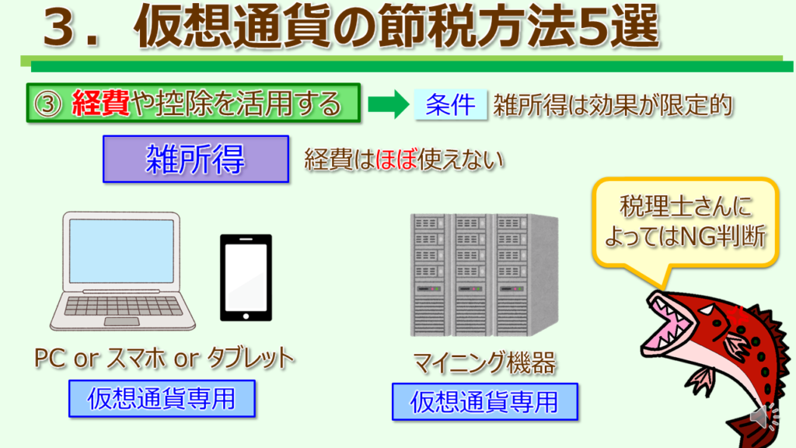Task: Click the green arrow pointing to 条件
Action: coord(389,105)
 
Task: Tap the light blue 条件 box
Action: coord(450,105)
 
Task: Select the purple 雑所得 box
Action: coord(196,159)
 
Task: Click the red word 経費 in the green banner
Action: coord(100,103)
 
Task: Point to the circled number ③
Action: coord(47,104)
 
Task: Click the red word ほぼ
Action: coord(396,159)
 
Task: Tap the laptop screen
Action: coord(121,251)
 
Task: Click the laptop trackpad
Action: coord(122,321)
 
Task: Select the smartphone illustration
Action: coord(246,278)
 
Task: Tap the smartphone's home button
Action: coord(246,316)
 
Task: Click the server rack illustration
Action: coord(484,275)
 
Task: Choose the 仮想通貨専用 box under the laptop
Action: coord(162,399)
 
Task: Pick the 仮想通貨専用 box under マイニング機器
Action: coord(485,402)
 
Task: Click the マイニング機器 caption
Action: coord(485,362)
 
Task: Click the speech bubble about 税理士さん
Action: coord(686,223)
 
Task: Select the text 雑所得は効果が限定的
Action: coord(613,105)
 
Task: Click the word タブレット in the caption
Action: coord(251,358)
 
